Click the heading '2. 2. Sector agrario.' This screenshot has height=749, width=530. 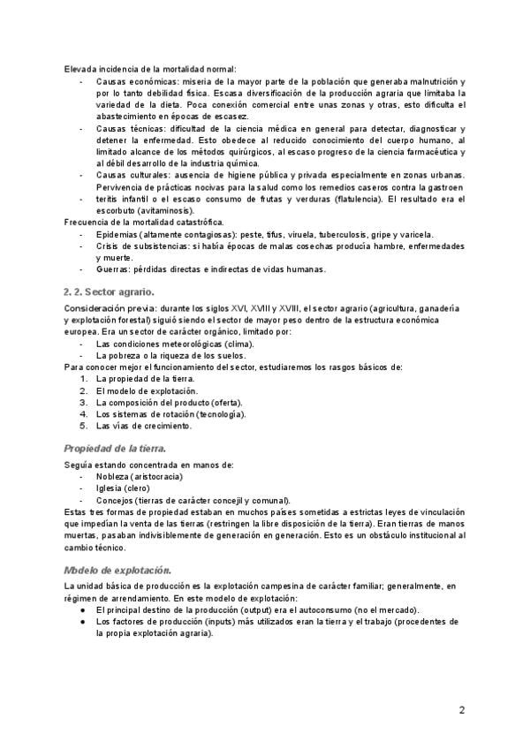[110, 291]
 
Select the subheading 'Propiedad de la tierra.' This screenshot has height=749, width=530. [116, 448]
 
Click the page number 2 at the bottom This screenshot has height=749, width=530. [461, 710]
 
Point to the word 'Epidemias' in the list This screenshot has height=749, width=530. [116, 235]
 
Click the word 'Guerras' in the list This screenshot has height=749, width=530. [112, 269]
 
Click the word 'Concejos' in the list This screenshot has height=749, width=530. [115, 500]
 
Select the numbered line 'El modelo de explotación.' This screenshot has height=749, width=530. [147, 390]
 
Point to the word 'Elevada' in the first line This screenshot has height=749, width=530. [80, 70]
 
